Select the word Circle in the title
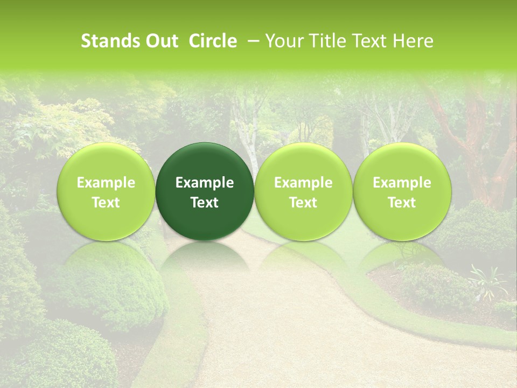pyautogui.click(x=213, y=41)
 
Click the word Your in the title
pyautogui.click(x=284, y=41)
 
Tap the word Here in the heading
pyautogui.click(x=413, y=41)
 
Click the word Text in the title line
pyautogui.click(x=368, y=41)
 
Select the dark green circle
pyautogui.click(x=205, y=191)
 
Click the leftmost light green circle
pyautogui.click(x=106, y=191)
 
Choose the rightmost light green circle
pyautogui.click(x=402, y=191)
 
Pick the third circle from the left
pyautogui.click(x=303, y=191)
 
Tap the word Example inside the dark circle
pyautogui.click(x=205, y=183)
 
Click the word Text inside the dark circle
pyautogui.click(x=205, y=203)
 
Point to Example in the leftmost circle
pyautogui.click(x=106, y=183)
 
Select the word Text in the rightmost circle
pyautogui.click(x=402, y=203)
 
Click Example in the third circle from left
pyautogui.click(x=303, y=183)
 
